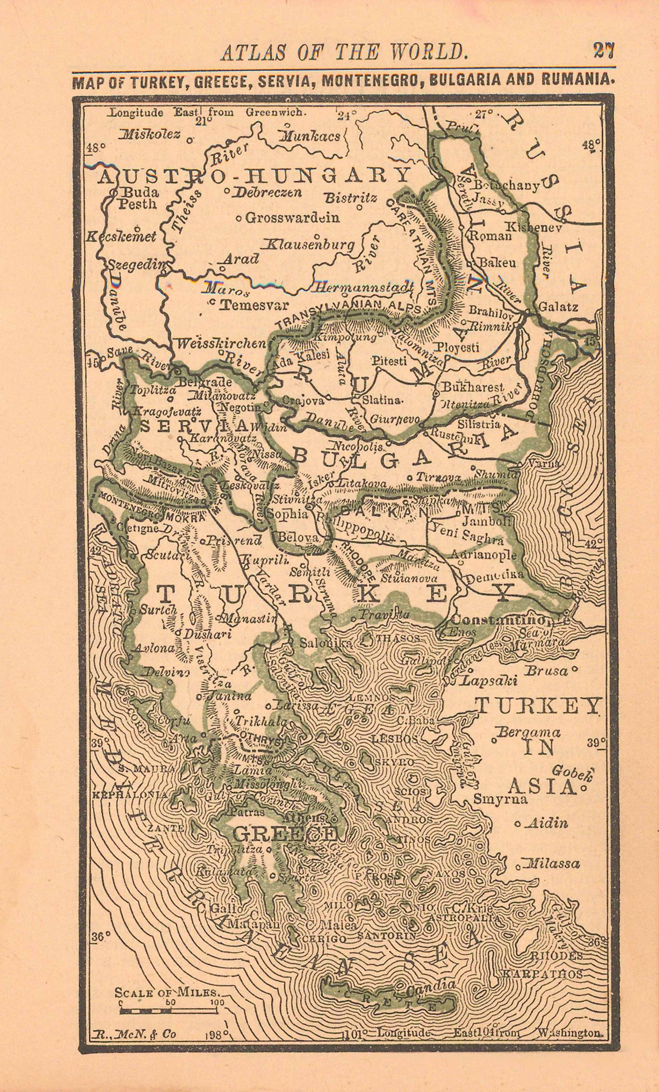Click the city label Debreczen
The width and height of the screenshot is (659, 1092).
[268, 192]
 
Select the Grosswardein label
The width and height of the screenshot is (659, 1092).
[292, 218]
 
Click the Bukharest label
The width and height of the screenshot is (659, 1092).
[473, 387]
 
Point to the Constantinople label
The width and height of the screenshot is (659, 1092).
[510, 621]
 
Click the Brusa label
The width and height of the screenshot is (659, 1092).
[546, 671]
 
